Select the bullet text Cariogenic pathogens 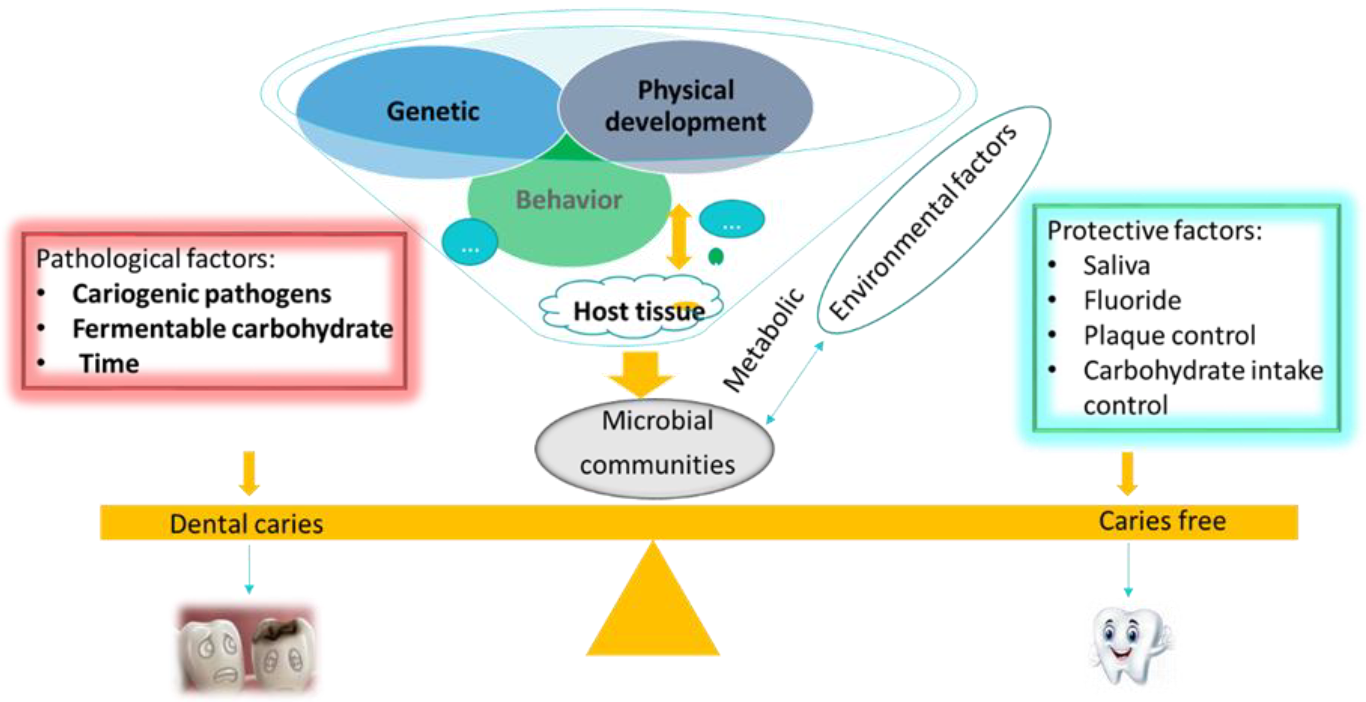pos(202,294)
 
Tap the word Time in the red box pos(109,364)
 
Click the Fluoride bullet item pos(1132,301)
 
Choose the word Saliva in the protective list pos(1116,265)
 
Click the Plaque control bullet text pos(1169,336)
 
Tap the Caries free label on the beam pos(1162,521)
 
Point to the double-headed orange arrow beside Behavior pos(679,237)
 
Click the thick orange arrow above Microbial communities pos(641,374)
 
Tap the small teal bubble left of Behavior pos(470,242)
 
